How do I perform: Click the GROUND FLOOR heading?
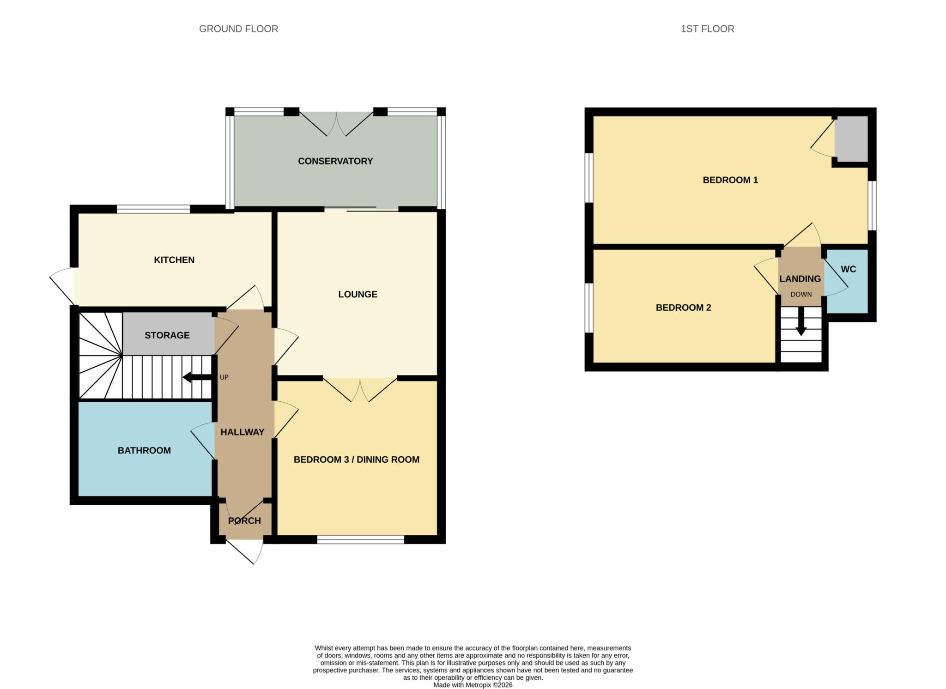click(x=238, y=29)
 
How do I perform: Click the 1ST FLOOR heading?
click(x=707, y=29)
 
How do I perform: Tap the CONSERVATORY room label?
click(x=335, y=161)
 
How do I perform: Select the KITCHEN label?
click(x=174, y=260)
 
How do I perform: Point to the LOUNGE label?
click(x=358, y=294)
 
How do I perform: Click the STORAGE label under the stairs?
click(x=167, y=335)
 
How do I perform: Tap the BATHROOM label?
click(x=144, y=450)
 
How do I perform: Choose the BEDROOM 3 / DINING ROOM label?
click(x=357, y=459)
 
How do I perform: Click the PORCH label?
click(x=244, y=520)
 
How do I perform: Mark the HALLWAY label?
click(x=242, y=432)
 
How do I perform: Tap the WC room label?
click(x=848, y=269)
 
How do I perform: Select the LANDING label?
click(x=800, y=279)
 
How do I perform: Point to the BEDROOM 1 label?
click(x=730, y=180)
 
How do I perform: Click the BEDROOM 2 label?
click(x=683, y=308)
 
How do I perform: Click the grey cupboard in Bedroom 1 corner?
click(x=851, y=139)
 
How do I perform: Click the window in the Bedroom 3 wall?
click(x=360, y=539)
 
